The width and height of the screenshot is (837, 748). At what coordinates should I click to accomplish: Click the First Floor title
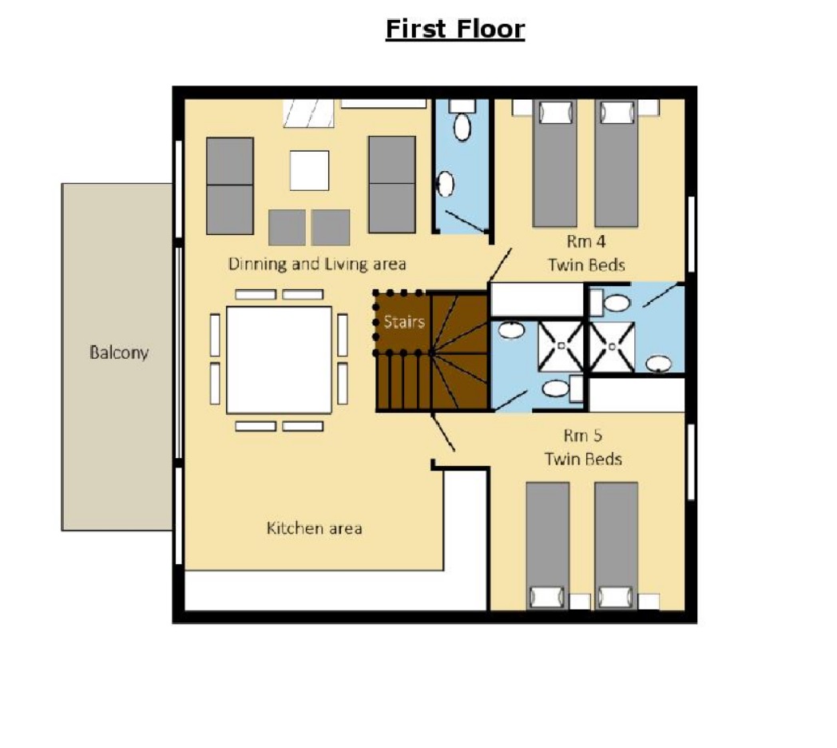coord(454,29)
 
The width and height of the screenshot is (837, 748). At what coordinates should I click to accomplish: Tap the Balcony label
coord(119,353)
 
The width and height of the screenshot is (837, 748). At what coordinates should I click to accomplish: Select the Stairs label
coord(404,321)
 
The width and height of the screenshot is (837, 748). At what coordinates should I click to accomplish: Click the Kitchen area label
coord(315,528)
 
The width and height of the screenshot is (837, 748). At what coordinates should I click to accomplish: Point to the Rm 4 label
coord(586,241)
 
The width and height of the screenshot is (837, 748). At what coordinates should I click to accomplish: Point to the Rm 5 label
coord(583,436)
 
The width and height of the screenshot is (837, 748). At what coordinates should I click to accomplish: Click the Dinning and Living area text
coord(317,264)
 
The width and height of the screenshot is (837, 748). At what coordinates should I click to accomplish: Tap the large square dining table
coord(280,360)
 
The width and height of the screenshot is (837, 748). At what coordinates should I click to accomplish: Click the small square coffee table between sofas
coord(310,170)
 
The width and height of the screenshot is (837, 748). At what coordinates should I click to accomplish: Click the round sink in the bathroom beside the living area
coord(445,185)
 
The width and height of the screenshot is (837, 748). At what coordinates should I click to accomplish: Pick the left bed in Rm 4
coord(555,164)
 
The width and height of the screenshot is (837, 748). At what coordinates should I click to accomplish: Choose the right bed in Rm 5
coord(616,546)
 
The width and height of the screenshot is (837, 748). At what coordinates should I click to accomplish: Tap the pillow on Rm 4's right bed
coord(617,113)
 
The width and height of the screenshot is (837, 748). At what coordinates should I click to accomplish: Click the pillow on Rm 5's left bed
coord(547,597)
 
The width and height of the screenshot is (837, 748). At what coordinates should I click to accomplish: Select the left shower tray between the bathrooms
coord(561,346)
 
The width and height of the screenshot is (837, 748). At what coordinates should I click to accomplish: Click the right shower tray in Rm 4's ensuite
coord(613,347)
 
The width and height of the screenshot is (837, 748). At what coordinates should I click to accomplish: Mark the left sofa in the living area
coord(230,186)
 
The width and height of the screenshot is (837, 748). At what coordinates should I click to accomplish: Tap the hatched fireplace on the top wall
coord(308,113)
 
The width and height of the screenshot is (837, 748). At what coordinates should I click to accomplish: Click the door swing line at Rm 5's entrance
coord(442,432)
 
